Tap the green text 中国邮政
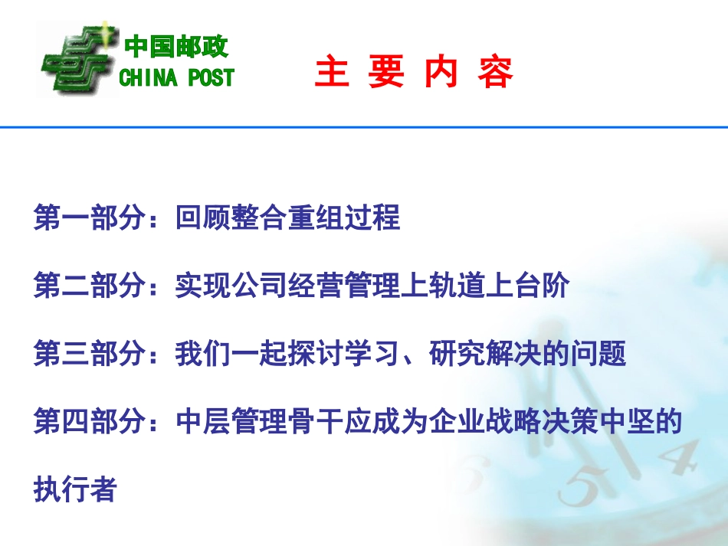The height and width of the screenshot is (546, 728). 177,47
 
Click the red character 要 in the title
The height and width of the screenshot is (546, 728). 386,74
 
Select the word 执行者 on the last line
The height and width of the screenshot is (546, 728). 75,489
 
